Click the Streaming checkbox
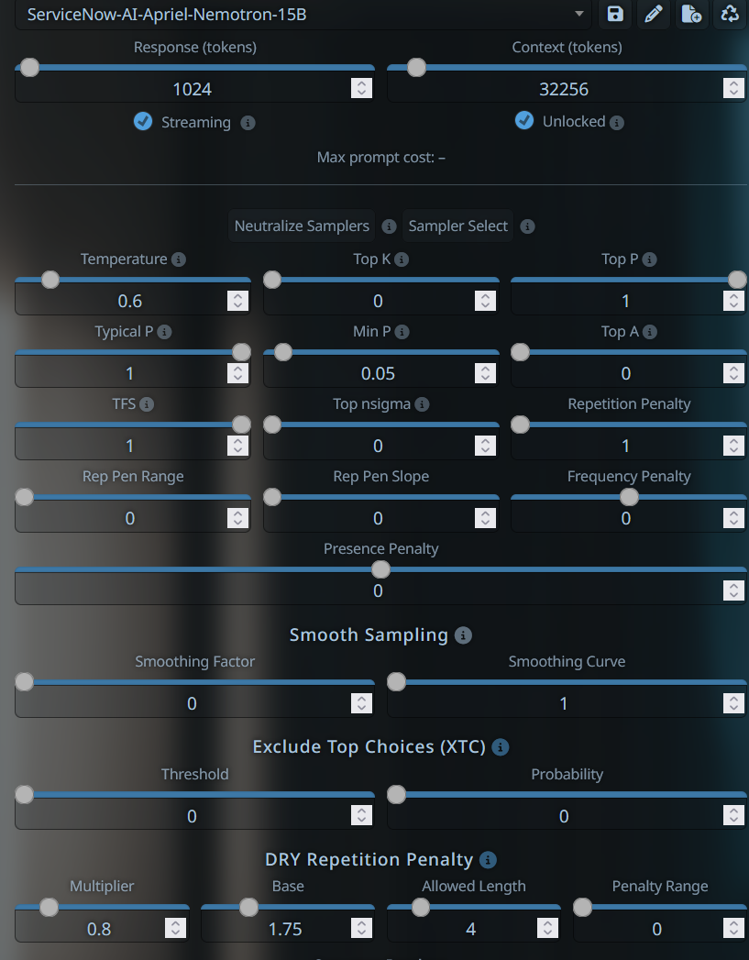click(x=143, y=121)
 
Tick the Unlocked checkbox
click(x=523, y=121)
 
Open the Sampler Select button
click(x=457, y=226)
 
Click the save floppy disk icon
click(x=615, y=14)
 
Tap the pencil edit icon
click(x=654, y=14)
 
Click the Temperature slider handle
click(x=50, y=280)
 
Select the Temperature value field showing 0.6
click(x=130, y=301)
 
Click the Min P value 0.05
click(x=378, y=373)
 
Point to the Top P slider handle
click(x=737, y=280)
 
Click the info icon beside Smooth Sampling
click(x=463, y=635)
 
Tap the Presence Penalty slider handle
click(x=380, y=569)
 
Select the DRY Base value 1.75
click(x=285, y=929)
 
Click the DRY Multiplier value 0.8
click(x=99, y=929)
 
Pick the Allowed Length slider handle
click(x=421, y=907)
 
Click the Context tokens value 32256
click(x=564, y=89)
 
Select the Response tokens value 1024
click(x=193, y=89)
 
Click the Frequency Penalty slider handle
click(x=629, y=497)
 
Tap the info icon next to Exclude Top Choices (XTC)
click(x=501, y=747)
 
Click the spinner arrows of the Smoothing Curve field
click(x=733, y=703)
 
